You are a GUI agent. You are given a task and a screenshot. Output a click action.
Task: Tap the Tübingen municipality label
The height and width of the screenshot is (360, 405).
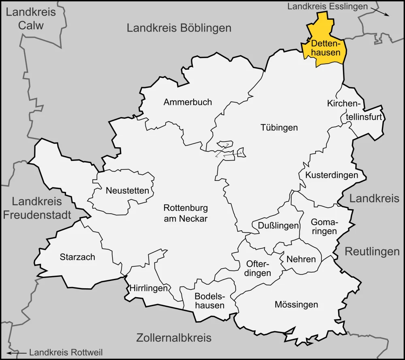[279, 127]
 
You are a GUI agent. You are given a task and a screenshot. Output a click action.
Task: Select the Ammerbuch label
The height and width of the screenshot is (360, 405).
[188, 102]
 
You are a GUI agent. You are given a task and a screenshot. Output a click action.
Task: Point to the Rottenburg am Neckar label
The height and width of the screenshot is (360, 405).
[185, 213]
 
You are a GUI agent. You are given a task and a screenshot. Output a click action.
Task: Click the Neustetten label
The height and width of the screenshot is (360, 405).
[127, 190]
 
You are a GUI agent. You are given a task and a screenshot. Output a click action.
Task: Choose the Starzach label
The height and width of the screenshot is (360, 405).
[77, 257]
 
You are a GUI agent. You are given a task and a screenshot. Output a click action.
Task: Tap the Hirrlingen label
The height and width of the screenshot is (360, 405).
[149, 289]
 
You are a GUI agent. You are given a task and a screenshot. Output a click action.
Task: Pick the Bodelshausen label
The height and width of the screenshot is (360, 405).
[209, 300]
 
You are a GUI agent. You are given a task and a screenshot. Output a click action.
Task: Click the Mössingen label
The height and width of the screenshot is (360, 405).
[296, 304]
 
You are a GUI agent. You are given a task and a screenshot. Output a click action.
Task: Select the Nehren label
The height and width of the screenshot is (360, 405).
[301, 259]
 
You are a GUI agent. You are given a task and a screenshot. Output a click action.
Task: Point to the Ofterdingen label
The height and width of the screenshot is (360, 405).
[258, 268]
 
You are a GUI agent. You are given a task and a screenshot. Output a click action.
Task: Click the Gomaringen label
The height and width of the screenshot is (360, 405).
[324, 227]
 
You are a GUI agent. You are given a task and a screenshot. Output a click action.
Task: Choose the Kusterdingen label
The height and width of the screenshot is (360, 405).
[332, 175]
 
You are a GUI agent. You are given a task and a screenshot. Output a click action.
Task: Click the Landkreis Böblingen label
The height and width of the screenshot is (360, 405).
[179, 28]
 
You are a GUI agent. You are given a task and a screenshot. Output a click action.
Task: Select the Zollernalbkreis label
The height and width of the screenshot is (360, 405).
[174, 338]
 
